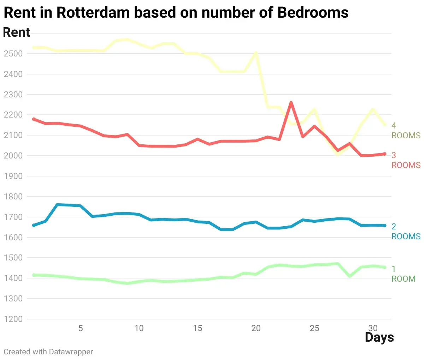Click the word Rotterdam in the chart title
click(x=93, y=12)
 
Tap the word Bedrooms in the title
click(x=313, y=12)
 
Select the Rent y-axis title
click(x=17, y=32)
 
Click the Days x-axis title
click(x=379, y=337)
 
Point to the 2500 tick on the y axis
click(x=13, y=54)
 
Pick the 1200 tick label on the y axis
click(x=13, y=319)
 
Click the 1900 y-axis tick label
click(x=13, y=176)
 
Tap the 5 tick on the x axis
click(x=81, y=328)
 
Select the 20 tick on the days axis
click(x=256, y=328)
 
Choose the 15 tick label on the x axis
click(x=197, y=328)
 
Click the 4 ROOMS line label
click(x=406, y=131)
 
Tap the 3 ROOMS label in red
click(x=406, y=160)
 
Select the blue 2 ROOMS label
click(x=406, y=231)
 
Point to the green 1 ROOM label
click(x=403, y=274)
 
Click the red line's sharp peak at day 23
click(x=291, y=102)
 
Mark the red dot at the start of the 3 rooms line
click(x=34, y=119)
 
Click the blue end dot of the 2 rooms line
click(x=385, y=226)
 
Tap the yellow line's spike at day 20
click(x=256, y=53)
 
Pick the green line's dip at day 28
click(x=350, y=276)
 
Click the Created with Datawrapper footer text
click(x=48, y=352)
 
